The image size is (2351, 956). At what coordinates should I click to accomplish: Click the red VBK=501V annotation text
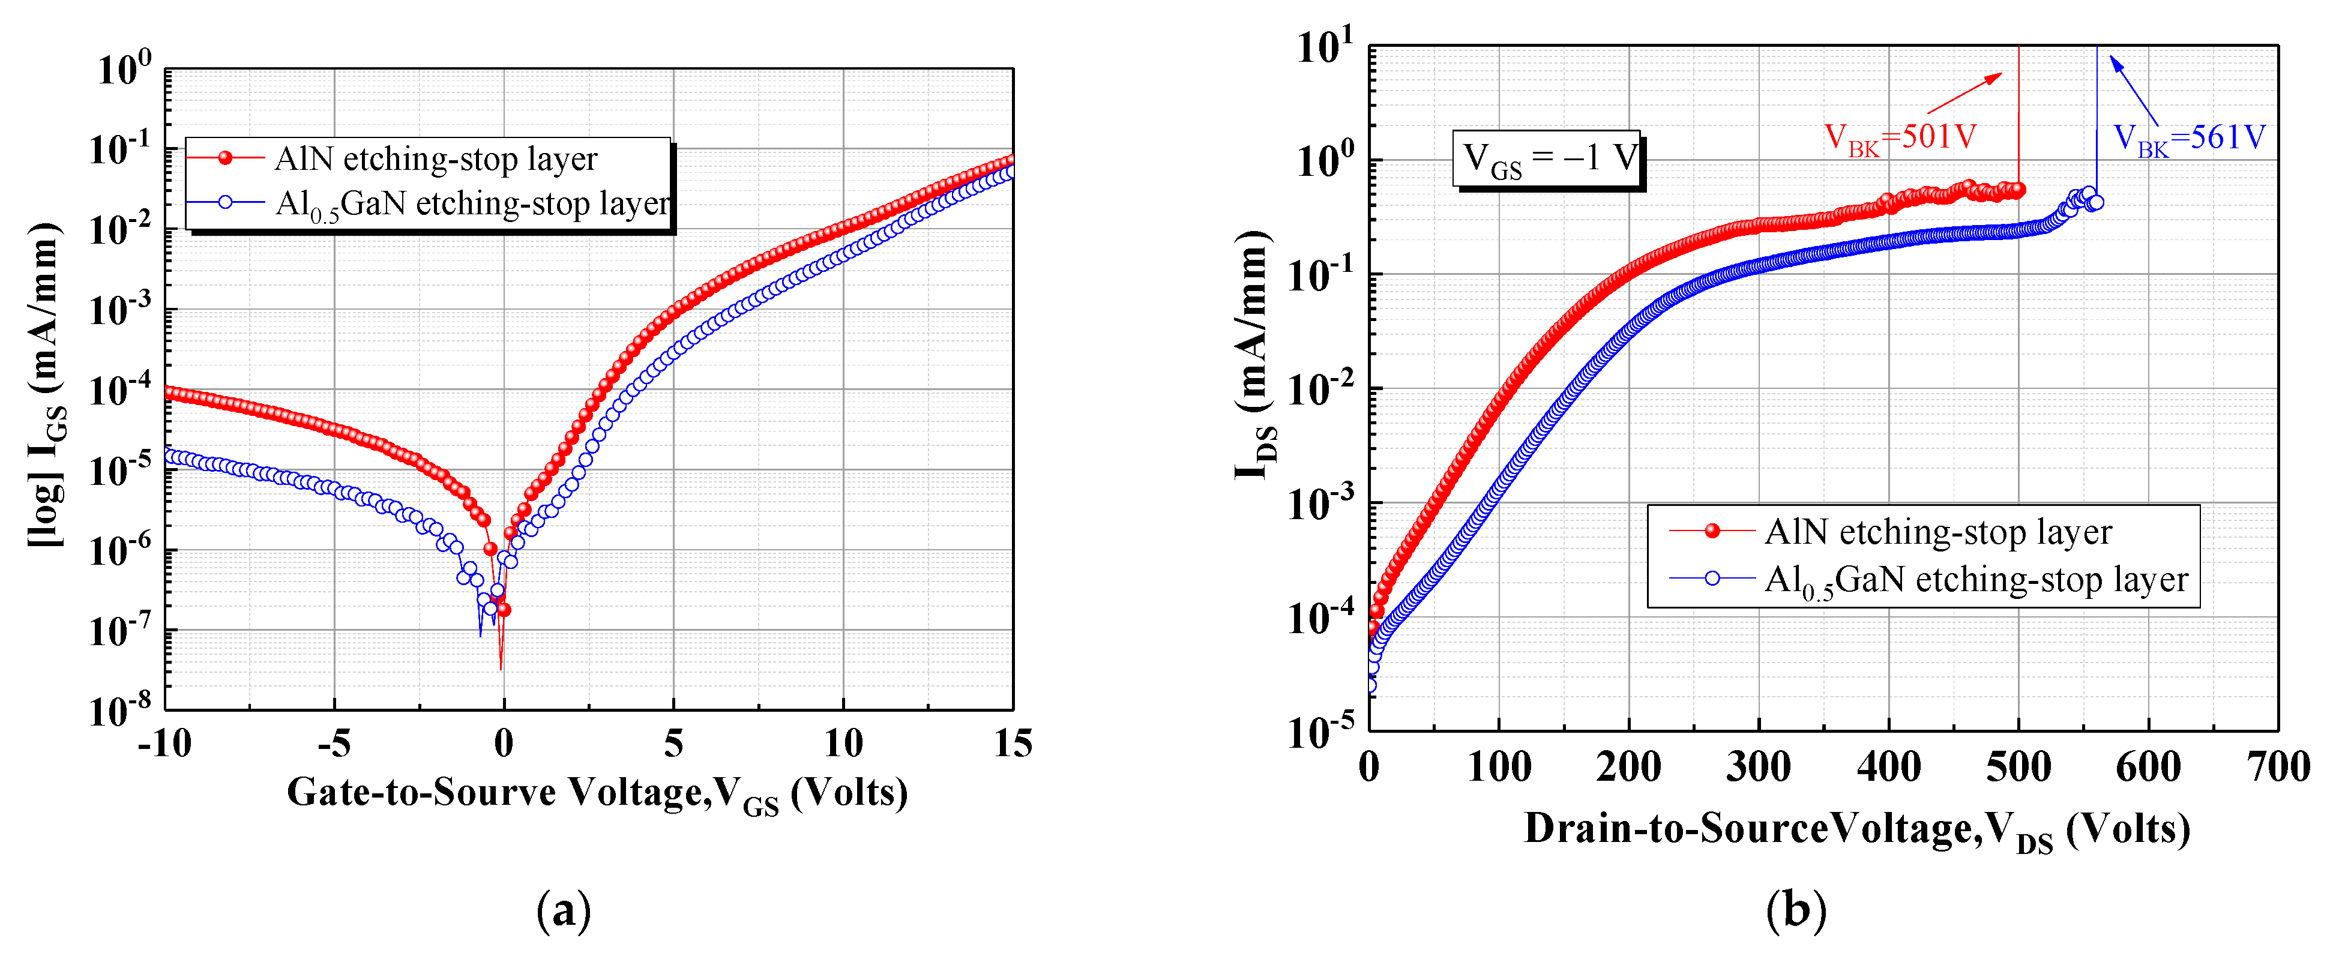[1900, 138]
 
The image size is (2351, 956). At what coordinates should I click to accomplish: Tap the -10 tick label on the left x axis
[165, 744]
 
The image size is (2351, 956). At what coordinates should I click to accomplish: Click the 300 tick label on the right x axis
[1758, 766]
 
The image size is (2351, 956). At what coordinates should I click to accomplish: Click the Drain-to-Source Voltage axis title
[1856, 830]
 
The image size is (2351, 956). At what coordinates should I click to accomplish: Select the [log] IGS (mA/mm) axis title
[46, 383]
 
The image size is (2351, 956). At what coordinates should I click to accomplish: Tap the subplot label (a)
[564, 910]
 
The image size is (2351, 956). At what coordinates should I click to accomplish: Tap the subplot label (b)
[1796, 910]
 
